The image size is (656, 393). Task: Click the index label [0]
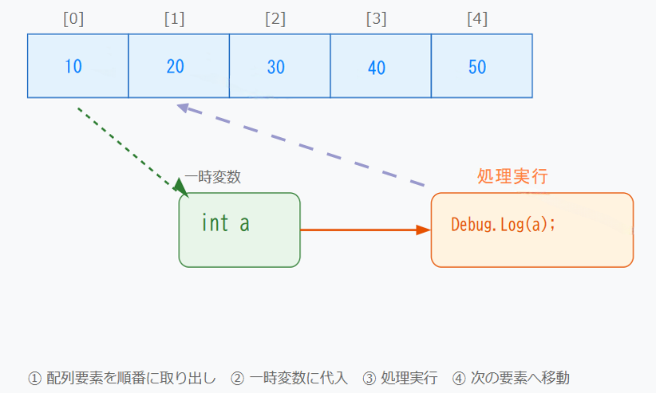pyautogui.click(x=73, y=19)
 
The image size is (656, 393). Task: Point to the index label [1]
pyautogui.click(x=174, y=19)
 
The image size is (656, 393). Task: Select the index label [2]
pyautogui.click(x=275, y=19)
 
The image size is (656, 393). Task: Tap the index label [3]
pyautogui.click(x=376, y=19)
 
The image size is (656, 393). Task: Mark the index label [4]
pyautogui.click(x=477, y=19)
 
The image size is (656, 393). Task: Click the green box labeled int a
pyautogui.click(x=239, y=230)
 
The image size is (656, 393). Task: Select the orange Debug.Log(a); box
pyautogui.click(x=532, y=230)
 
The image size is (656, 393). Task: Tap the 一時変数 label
pyautogui.click(x=212, y=177)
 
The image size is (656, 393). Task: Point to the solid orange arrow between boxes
pyautogui.click(x=363, y=230)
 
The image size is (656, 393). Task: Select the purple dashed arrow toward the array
pyautogui.click(x=303, y=147)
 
